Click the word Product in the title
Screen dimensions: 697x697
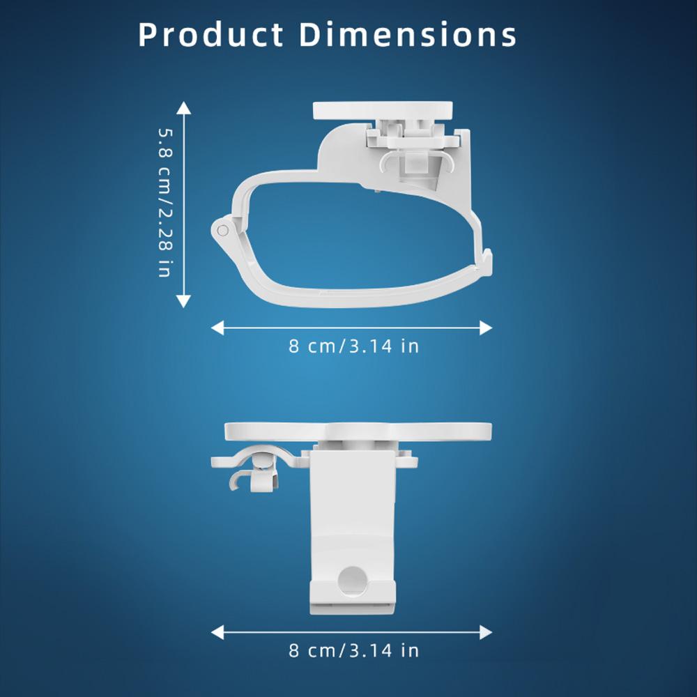210,35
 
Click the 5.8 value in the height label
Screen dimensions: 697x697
164,142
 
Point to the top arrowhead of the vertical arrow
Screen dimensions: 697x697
183,107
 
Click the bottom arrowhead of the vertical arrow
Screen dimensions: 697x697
183,301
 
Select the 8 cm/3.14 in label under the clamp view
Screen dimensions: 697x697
354,346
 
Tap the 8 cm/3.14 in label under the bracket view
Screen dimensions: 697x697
354,651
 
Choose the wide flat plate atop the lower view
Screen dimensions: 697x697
358,431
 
